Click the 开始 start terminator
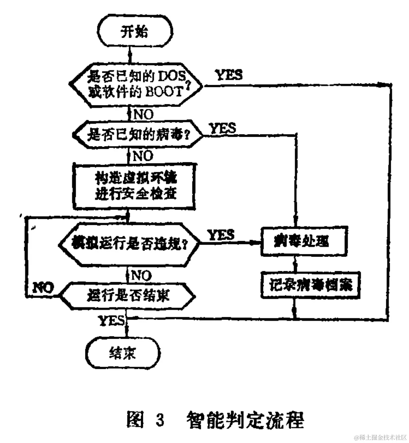(134, 32)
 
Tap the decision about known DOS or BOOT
(136, 84)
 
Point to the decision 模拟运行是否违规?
(129, 245)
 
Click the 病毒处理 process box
(304, 241)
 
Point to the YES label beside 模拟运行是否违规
(221, 235)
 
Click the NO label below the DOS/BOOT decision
(143, 115)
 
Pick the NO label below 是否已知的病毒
(143, 156)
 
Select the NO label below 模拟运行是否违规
(141, 275)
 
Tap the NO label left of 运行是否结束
(43, 287)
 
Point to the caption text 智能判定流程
(245, 420)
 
